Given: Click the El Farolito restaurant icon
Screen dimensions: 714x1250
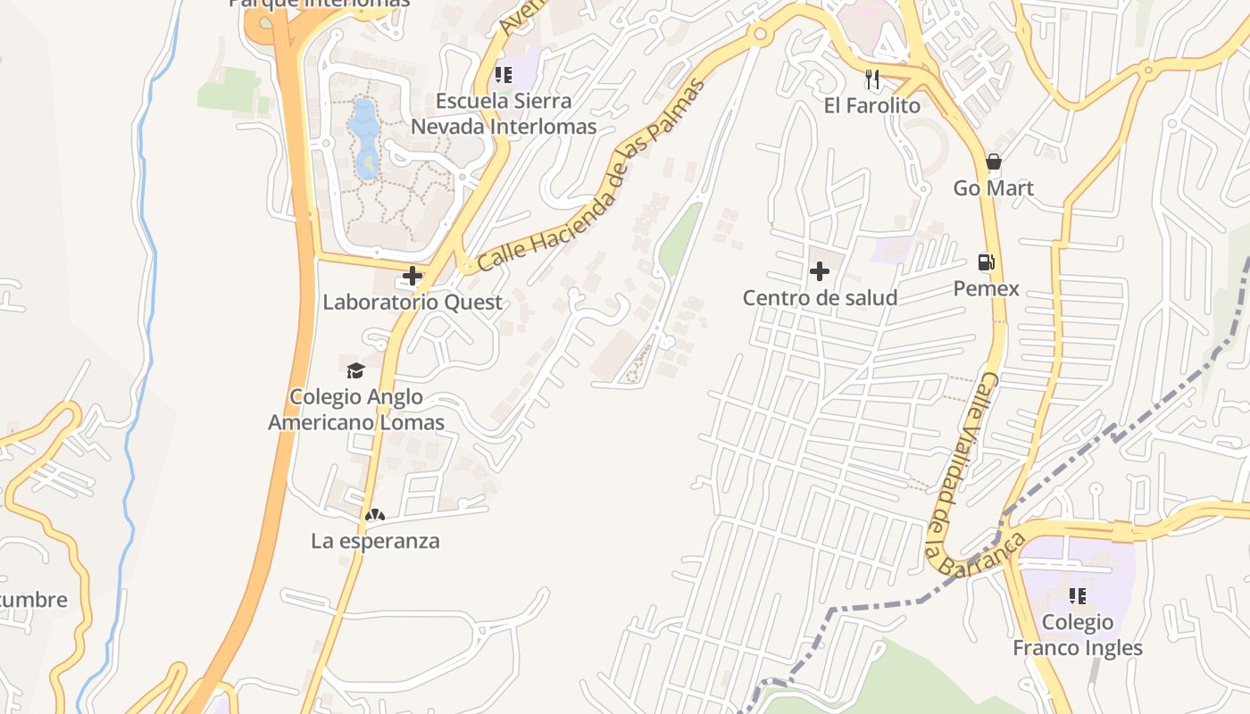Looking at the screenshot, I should pyautogui.click(x=872, y=79).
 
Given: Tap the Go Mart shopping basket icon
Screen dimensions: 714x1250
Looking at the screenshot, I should pyautogui.click(x=993, y=162).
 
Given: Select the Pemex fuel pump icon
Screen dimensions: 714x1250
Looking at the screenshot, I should pyautogui.click(x=986, y=262).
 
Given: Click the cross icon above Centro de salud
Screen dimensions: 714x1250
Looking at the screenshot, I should pyautogui.click(x=819, y=271).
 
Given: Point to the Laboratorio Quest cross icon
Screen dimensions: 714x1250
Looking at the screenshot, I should pyautogui.click(x=412, y=276).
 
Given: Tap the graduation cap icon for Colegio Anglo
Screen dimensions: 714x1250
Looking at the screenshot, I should pyautogui.click(x=355, y=370).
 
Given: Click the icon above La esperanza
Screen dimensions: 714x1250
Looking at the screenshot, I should pyautogui.click(x=375, y=515).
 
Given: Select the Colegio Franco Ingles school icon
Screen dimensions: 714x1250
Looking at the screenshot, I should pyautogui.click(x=1078, y=595).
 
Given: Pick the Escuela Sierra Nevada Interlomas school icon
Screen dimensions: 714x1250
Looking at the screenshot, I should pyautogui.click(x=504, y=75).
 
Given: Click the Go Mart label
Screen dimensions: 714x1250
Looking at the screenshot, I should pyautogui.click(x=993, y=188).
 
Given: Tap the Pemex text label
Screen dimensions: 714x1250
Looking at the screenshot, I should pyautogui.click(x=986, y=288).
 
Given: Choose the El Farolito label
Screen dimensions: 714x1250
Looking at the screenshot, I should pyautogui.click(x=871, y=105).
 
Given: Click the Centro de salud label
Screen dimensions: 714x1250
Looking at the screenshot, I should pyautogui.click(x=820, y=297).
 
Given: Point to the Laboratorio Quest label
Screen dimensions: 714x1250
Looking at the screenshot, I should pyautogui.click(x=412, y=303).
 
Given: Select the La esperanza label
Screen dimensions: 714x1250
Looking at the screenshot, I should pyautogui.click(x=375, y=541).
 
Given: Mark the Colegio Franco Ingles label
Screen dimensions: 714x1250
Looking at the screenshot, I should pyautogui.click(x=1078, y=635).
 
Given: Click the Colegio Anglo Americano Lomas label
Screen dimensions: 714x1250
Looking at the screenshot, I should pyautogui.click(x=356, y=410).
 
